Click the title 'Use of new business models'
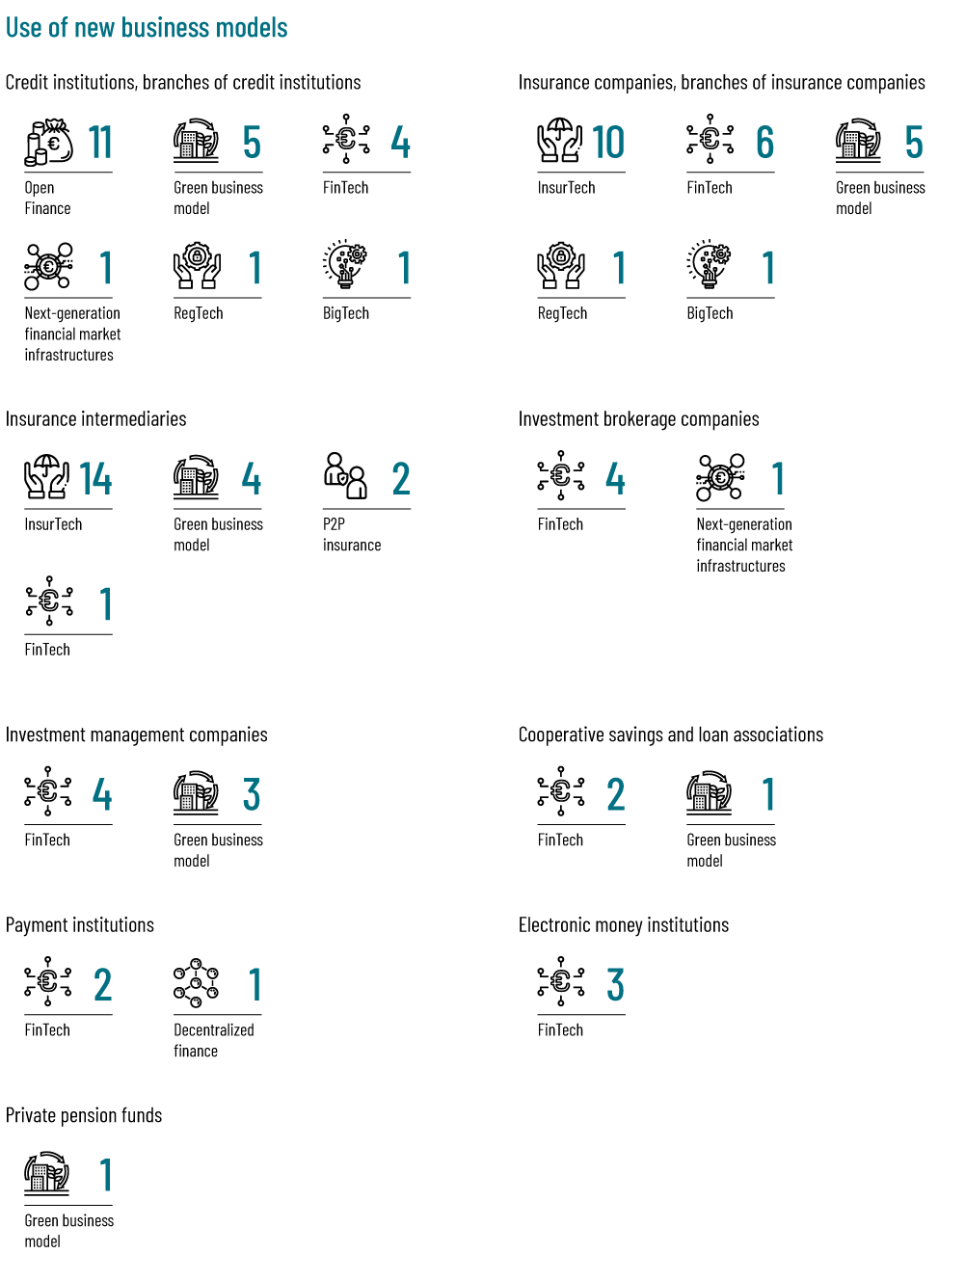(147, 28)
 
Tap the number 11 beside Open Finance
(100, 143)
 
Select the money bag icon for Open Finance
(48, 143)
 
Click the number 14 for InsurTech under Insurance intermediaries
(95, 479)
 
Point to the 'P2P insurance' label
(351, 535)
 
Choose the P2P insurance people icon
(345, 476)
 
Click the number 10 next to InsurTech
(608, 143)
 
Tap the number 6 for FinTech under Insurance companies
(764, 143)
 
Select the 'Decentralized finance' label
(213, 1040)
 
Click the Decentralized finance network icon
(196, 983)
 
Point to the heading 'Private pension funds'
(84, 1115)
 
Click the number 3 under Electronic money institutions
(615, 985)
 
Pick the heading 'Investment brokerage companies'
(638, 419)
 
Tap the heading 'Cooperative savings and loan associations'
(670, 734)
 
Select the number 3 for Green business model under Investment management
(251, 795)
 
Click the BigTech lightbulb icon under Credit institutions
(346, 265)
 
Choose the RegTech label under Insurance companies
(562, 313)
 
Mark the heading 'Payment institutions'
(80, 925)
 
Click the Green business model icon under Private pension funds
(47, 1173)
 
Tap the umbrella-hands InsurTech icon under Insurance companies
(560, 141)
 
